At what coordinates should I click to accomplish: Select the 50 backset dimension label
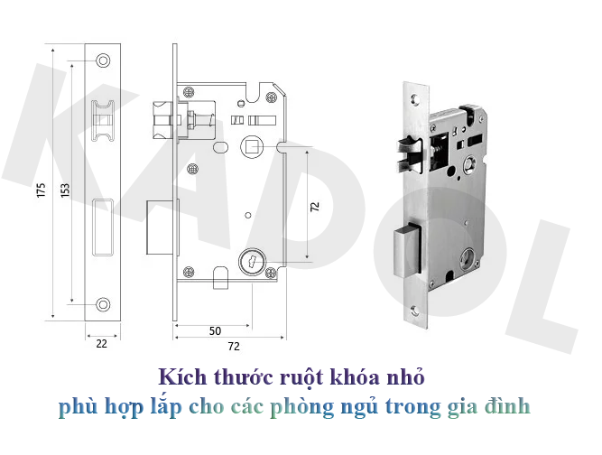(x=215, y=330)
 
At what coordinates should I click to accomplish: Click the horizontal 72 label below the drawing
(x=233, y=346)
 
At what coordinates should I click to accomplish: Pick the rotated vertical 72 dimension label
(x=314, y=206)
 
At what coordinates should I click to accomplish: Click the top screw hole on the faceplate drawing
(x=102, y=61)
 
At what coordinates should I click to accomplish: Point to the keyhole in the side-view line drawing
(x=252, y=263)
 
